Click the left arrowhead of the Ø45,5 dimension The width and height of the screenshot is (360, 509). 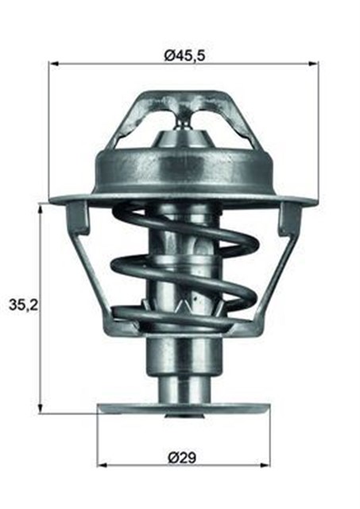coord(54,64)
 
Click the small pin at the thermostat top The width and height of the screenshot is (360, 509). coord(184,119)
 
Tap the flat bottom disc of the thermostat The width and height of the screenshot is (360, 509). coord(183,409)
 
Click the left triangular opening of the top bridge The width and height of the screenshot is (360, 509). coord(147,123)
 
